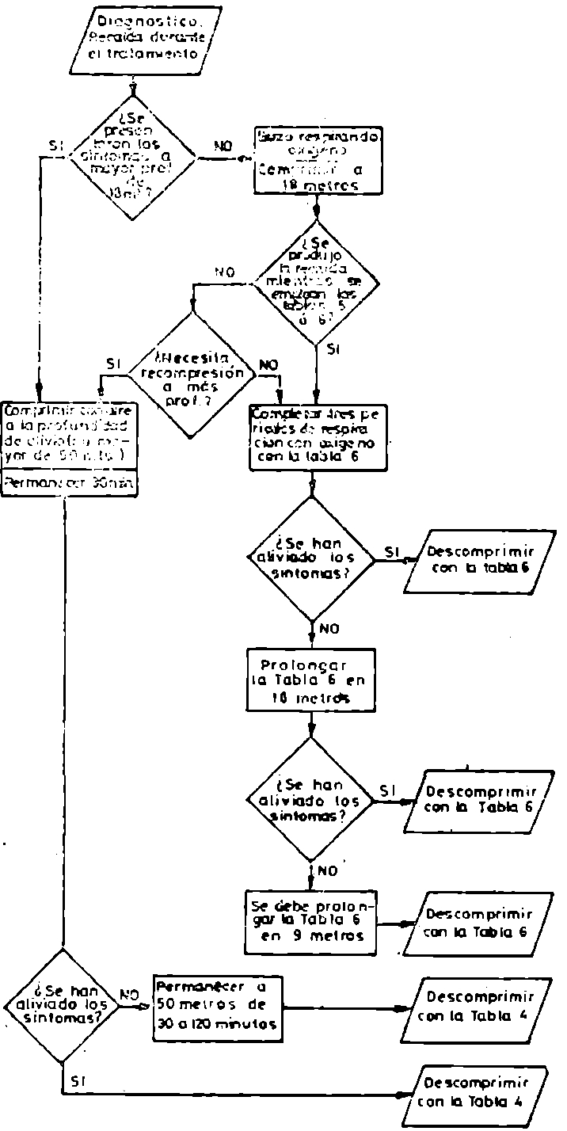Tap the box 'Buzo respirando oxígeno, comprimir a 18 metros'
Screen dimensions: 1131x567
tap(316, 159)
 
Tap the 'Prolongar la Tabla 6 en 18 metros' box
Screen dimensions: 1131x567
tap(310, 680)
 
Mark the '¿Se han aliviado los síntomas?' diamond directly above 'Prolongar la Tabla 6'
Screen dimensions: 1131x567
tap(313, 559)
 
